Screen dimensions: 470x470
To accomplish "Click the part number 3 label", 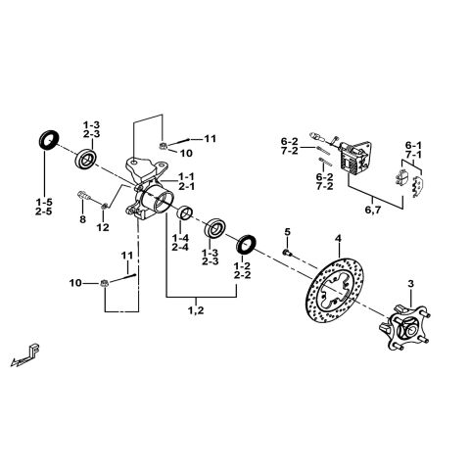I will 410,284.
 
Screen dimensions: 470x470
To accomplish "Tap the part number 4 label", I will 337,238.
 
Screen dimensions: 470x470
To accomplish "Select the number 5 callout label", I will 287,231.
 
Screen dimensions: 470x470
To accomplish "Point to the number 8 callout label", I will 82,221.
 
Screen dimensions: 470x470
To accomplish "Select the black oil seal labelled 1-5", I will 46,138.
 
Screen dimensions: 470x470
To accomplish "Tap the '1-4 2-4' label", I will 179,242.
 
